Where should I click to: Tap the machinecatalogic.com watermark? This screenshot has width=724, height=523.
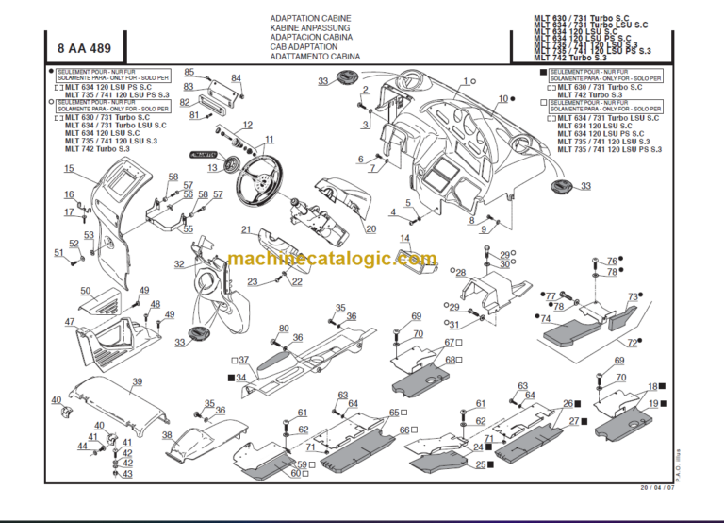pos(333,259)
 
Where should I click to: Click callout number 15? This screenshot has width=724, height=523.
pos(69,169)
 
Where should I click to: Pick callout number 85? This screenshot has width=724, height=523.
pos(189,73)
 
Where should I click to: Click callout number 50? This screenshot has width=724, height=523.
pos(85,292)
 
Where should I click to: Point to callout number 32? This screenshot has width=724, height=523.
pos(178,265)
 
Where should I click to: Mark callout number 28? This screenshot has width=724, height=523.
pos(461,274)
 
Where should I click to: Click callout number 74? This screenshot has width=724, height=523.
pos(545,319)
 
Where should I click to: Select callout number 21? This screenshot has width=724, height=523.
pos(245,229)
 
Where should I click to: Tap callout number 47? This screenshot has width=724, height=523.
pos(69,322)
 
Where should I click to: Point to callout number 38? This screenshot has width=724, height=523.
pos(167,435)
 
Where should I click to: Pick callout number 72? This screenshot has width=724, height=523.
pos(633,344)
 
